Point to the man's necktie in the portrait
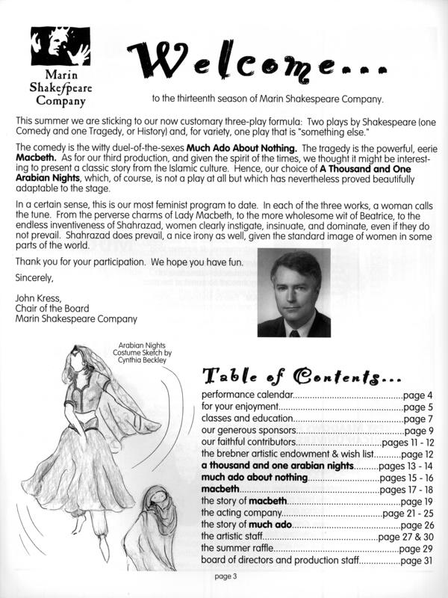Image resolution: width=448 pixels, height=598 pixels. click(x=295, y=330)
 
